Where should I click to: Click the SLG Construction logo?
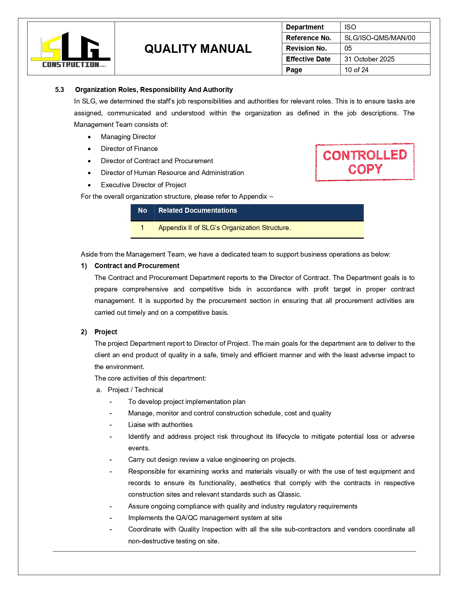point(70,49)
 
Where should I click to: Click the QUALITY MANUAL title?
point(198,49)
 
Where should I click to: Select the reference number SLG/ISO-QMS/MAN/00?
point(379,38)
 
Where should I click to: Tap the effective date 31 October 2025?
point(369,59)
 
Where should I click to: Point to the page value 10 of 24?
point(356,70)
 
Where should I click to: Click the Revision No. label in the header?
point(306,48)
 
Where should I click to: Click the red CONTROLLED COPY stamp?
point(365,162)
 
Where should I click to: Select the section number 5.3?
point(60,89)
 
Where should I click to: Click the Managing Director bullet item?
point(128,137)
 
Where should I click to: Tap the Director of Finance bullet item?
point(129,148)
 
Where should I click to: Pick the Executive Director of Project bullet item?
point(143,185)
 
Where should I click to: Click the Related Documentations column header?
point(198,211)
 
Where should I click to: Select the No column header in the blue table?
point(142,211)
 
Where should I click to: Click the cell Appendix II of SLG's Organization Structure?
point(225,228)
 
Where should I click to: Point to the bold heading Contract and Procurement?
point(137,266)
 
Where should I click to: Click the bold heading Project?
point(106,332)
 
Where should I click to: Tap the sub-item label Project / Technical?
point(135,390)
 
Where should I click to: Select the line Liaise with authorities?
point(160,424)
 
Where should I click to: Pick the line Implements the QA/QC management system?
point(205,518)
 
